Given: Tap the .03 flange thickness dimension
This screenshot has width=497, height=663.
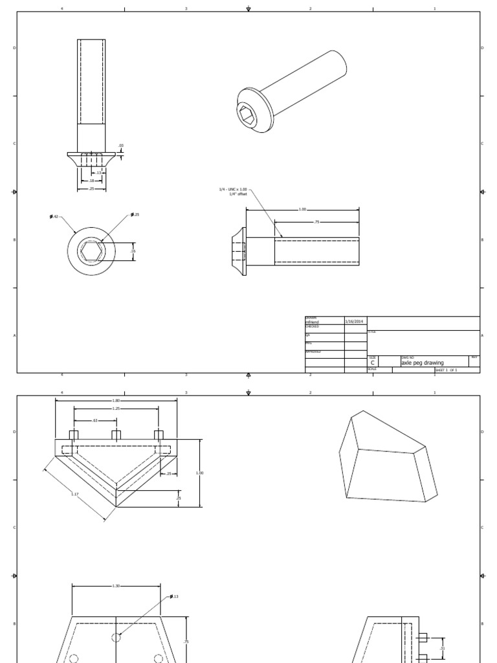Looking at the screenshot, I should click(120, 146).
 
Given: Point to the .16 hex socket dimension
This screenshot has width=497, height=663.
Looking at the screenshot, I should click(133, 251).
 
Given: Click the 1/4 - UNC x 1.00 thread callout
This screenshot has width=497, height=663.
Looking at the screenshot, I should click(234, 190).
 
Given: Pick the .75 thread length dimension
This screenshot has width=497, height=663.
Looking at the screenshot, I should click(316, 222).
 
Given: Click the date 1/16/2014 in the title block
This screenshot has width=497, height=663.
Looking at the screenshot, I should click(354, 320).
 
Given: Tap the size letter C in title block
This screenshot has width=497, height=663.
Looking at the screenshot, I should click(373, 363).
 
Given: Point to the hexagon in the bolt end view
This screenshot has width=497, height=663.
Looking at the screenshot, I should click(91, 251).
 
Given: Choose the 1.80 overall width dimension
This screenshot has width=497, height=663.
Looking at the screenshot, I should click(116, 401).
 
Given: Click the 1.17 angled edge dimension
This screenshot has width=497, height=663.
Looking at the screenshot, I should click(76, 494).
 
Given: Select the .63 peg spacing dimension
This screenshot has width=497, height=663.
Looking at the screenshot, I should click(95, 421).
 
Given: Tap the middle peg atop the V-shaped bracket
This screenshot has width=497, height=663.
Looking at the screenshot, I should click(116, 434).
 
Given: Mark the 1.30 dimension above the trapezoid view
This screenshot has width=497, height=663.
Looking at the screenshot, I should click(116, 586).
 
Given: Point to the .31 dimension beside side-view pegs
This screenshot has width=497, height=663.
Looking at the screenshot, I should click(443, 647).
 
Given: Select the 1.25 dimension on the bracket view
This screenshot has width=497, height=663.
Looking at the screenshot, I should click(116, 409).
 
